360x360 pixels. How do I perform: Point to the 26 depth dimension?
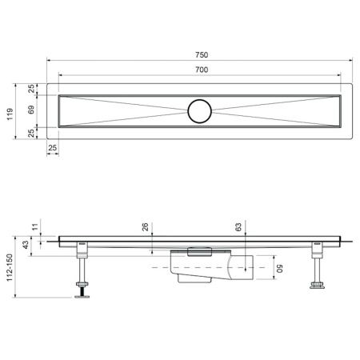tap(145, 228)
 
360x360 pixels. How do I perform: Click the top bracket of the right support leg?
tap(318, 251)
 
